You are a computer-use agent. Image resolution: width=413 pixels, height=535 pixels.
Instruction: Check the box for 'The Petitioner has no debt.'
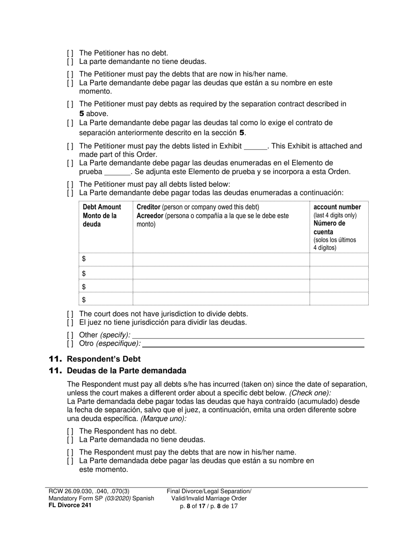[70, 53]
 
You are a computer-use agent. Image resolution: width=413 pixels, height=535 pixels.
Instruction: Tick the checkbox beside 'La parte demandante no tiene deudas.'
[70, 62]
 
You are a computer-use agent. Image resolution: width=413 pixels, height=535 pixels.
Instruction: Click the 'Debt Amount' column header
[102, 207]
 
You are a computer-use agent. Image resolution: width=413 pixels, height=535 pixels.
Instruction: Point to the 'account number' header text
[337, 207]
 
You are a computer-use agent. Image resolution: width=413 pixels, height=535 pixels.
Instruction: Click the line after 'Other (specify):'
[248, 335]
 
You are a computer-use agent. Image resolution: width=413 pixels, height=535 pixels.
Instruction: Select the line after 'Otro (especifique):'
[253, 344]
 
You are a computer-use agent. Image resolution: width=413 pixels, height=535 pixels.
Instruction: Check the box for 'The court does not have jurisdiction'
[70, 314]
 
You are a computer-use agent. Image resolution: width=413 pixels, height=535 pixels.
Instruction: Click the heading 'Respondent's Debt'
[103, 359]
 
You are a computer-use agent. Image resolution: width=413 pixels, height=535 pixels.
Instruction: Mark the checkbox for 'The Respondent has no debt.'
[70, 431]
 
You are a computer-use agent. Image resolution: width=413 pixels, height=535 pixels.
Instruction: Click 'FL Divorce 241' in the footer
[70, 505]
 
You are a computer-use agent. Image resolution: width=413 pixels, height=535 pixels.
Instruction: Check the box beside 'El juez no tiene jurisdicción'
[70, 323]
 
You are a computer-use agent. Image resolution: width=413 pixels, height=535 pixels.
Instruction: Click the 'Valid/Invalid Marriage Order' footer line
[209, 498]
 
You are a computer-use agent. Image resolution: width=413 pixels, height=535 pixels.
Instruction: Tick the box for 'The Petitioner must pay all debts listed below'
[70, 184]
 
